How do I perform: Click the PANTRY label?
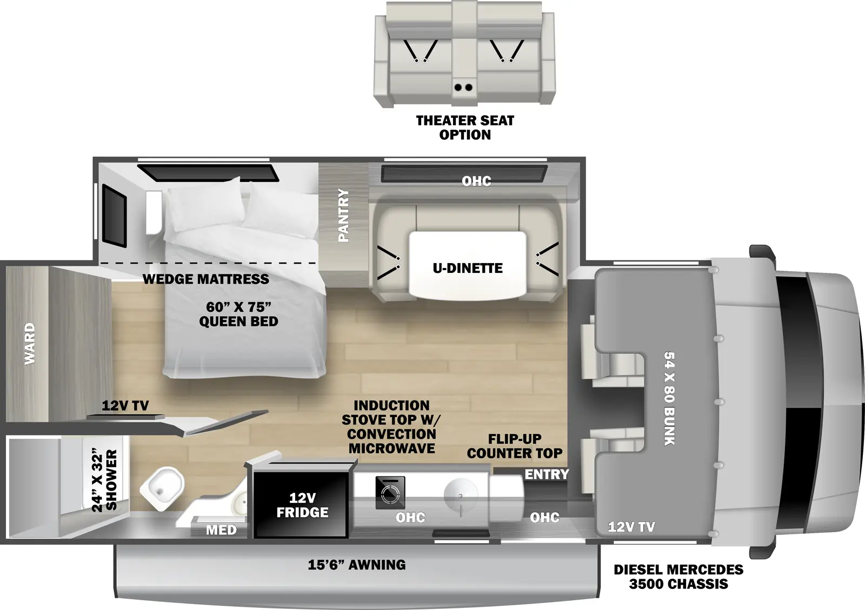coord(343,215)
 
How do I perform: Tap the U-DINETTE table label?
coord(467,268)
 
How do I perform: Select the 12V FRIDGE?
coord(302,505)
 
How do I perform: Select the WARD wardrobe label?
coord(30,344)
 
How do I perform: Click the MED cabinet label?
coord(221,530)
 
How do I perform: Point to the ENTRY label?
coord(547,474)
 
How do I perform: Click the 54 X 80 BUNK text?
coord(669,399)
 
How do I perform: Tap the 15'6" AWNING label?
coord(357,565)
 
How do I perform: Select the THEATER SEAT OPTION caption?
coord(465,128)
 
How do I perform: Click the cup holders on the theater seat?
coord(463,87)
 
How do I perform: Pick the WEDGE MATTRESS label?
coord(206,279)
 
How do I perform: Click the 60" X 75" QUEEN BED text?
coord(238,314)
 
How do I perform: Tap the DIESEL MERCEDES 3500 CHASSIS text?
coord(678,577)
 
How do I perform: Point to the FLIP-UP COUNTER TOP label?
coord(515,446)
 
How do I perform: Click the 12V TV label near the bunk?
coord(631,527)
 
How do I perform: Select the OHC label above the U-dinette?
coord(476,181)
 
